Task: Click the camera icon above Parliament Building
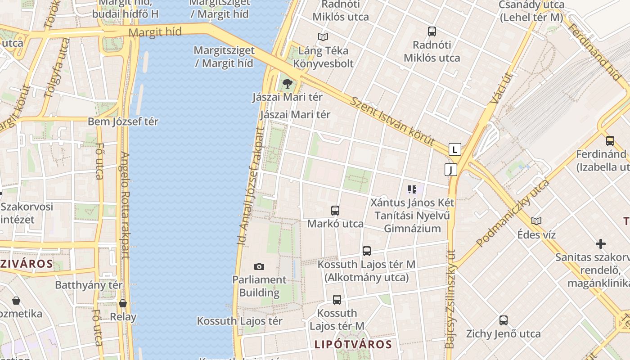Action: click(259, 266)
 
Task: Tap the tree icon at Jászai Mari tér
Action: click(287, 83)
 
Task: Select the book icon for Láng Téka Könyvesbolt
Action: click(323, 37)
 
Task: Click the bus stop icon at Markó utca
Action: click(335, 210)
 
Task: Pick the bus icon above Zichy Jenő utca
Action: click(504, 320)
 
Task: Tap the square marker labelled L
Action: click(455, 149)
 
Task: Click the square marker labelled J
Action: click(450, 170)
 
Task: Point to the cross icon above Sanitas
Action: click(601, 244)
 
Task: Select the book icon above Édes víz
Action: click(536, 221)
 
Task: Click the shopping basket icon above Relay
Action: click(123, 303)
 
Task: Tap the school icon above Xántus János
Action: click(412, 189)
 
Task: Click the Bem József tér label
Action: click(123, 121)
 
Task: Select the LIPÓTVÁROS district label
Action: click(353, 345)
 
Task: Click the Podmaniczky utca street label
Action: click(513, 213)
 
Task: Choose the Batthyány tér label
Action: click(89, 285)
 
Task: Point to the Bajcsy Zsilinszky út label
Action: click(450, 299)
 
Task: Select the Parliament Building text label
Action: click(259, 286)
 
